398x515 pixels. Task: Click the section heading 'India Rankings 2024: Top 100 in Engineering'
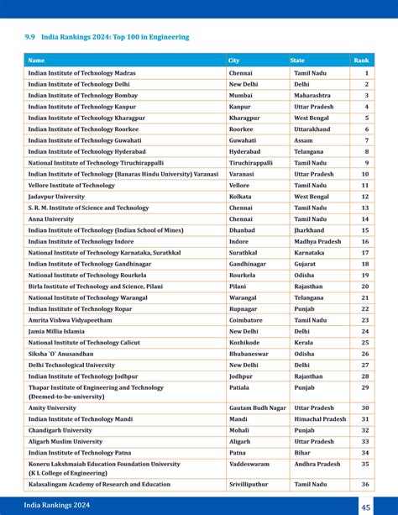[107, 37]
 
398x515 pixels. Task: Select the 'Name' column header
[36, 60]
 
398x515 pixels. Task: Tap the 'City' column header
[234, 60]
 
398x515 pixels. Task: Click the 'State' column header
[298, 60]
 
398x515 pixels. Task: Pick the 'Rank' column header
[361, 60]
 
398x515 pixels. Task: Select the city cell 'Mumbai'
[242, 96]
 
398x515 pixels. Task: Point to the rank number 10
[365, 174]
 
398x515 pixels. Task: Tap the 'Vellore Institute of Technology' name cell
[71, 185]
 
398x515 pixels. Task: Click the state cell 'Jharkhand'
[310, 229]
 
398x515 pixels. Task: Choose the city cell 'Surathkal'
[244, 252]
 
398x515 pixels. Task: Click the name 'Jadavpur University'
[56, 196]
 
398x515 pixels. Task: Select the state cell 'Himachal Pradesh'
[319, 418]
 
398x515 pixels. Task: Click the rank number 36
[365, 484]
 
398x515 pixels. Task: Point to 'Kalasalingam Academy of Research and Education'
[98, 484]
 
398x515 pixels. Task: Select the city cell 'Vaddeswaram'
[249, 464]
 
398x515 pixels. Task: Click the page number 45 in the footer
[366, 506]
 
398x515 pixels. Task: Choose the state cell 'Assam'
[303, 140]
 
